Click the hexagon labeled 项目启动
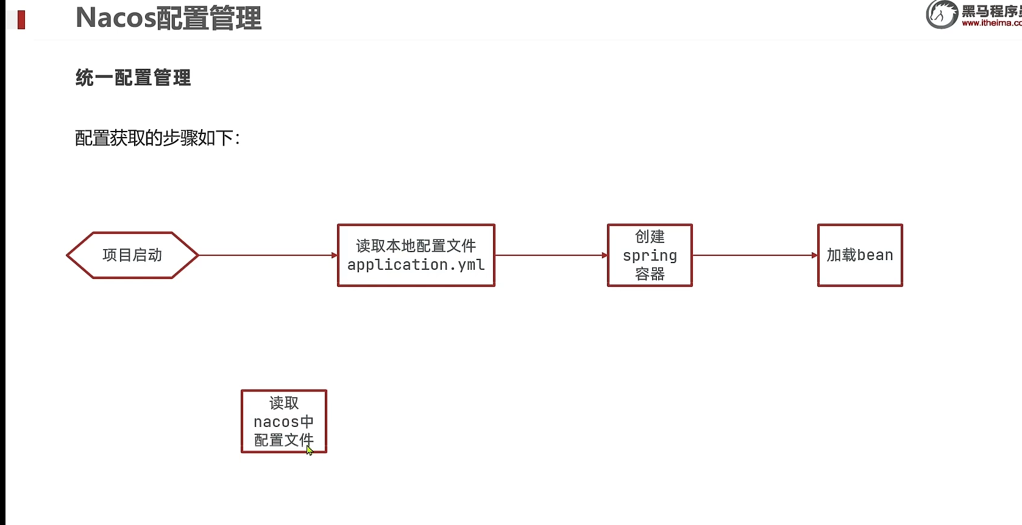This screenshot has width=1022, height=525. pos(132,255)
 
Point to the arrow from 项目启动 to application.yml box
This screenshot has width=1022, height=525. pos(268,255)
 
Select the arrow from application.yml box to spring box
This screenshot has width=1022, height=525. pos(551,255)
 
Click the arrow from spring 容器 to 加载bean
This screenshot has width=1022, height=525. pos(754,255)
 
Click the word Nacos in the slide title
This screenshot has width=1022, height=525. pos(116,18)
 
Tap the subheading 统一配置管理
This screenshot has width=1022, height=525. pos(133,78)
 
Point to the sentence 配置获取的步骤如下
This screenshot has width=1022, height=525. pos(157,138)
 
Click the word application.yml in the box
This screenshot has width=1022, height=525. pos(416,265)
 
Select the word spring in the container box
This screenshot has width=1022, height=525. pos(650,256)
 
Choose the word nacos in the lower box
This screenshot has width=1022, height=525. pos(276,422)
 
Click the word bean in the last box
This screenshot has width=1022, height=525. pos(875,255)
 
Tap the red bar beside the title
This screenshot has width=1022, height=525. pos(21,19)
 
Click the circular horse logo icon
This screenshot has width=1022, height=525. pos(941,14)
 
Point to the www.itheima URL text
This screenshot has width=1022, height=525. pos(992,23)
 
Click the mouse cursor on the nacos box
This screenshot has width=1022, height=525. pos(310,451)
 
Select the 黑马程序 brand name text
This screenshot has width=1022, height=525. pos(991,11)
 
